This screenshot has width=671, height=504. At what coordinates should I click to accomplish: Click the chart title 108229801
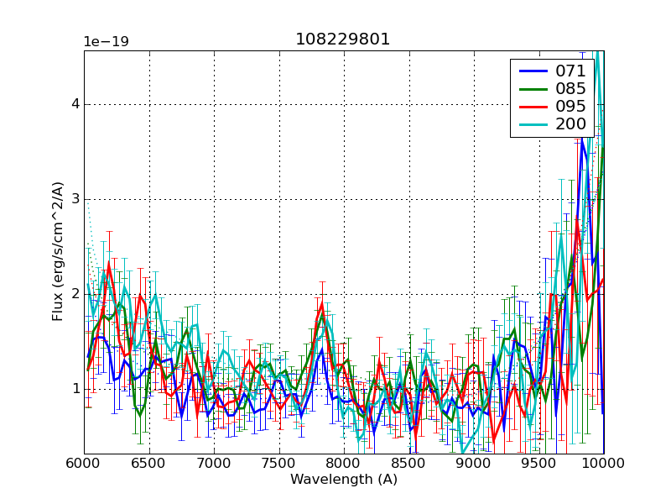click(x=343, y=39)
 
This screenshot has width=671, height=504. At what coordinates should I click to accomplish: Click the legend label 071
click(x=571, y=71)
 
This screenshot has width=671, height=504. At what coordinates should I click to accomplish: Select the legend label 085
click(x=571, y=88)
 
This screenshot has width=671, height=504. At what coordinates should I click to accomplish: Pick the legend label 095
click(x=571, y=106)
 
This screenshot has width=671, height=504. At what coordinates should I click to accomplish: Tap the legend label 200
click(x=571, y=123)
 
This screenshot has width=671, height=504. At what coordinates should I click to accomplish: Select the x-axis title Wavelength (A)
click(x=343, y=480)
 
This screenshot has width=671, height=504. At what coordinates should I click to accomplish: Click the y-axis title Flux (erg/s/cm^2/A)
click(x=57, y=251)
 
